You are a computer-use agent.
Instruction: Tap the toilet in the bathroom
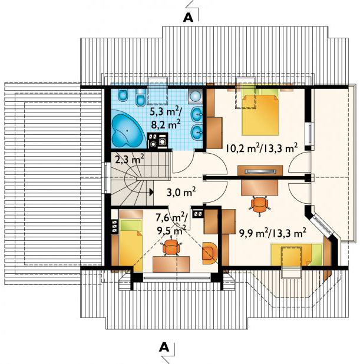coord(140,97)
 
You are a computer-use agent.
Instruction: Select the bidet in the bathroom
coord(123,96)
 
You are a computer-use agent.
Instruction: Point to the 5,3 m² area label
coord(166,112)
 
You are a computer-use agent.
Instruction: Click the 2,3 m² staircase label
coord(130,160)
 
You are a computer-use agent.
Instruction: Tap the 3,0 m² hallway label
coord(181,192)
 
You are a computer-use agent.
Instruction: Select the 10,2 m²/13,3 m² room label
coord(262,148)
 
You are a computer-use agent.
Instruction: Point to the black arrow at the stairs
coord(151,192)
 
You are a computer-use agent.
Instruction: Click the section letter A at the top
coord(188,17)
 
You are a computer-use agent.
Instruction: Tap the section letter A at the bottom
coord(164,347)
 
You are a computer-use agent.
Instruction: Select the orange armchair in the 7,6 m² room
coord(210,253)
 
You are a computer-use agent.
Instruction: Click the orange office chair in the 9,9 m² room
coord(259,204)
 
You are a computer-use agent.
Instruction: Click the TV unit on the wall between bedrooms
coord(260,171)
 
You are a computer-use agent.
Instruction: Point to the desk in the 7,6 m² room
coord(171,264)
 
